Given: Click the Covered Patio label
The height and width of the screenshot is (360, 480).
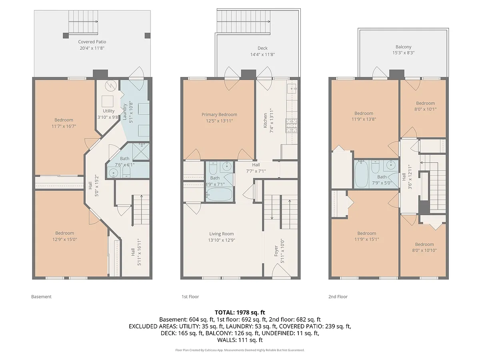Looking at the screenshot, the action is click(92, 42).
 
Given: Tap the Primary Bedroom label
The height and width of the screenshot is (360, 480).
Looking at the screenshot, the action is click(219, 114).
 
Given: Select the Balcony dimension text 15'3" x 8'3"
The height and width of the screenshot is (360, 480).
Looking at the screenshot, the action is click(403, 53).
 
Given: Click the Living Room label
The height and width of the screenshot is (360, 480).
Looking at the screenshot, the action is click(221, 234).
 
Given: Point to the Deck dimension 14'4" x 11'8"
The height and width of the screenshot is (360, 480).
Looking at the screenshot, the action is click(262, 54).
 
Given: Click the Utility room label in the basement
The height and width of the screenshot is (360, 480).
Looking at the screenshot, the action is click(108, 111).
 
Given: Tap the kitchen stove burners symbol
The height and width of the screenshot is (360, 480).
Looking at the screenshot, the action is click(291, 126).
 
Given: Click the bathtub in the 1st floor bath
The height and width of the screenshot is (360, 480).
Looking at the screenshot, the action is click(219, 194).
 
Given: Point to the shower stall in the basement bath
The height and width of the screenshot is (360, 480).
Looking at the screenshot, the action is click(141, 152).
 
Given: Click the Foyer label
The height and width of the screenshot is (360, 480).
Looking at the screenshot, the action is click(276, 251).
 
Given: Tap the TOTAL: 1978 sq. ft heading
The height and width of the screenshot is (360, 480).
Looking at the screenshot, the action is click(240, 312).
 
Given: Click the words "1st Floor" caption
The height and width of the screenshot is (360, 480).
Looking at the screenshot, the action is click(190, 297).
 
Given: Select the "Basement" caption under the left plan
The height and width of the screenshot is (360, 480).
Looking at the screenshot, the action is click(41, 297).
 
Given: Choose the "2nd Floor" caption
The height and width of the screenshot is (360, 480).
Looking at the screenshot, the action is click(338, 297).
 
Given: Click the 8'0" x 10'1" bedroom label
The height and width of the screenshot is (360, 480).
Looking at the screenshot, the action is click(425, 109).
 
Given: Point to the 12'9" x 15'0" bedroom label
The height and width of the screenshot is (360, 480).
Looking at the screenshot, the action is click(64, 239).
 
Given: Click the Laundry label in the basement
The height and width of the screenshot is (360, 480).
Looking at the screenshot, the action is click(125, 112).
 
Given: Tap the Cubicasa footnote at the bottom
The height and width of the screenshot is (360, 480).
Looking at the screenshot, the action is click(240, 350).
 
